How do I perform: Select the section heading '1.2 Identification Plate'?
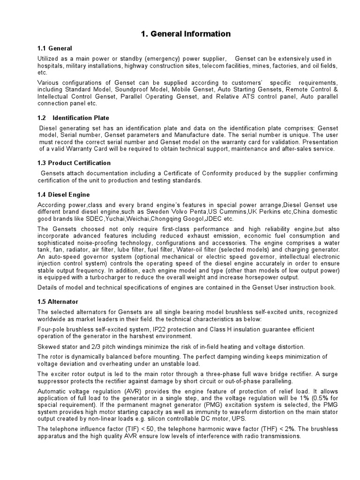coord(73,118)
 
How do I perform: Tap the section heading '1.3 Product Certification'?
coord(74,163)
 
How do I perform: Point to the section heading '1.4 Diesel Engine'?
coord(63,194)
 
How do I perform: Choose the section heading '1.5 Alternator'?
coord(58,301)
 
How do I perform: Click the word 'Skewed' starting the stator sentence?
coord(48,346)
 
